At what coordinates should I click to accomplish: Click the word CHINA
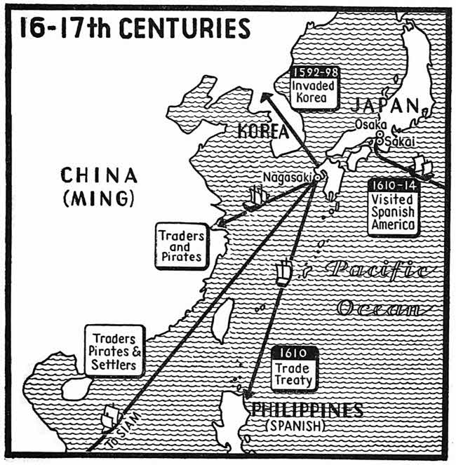pyautogui.click(x=98, y=175)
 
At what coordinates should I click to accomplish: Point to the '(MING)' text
pyautogui.click(x=98, y=198)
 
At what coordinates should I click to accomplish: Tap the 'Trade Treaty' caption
pyautogui.click(x=295, y=372)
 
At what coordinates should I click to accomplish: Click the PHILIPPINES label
pyautogui.click(x=302, y=410)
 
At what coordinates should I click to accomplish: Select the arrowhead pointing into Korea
pyautogui.click(x=262, y=99)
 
